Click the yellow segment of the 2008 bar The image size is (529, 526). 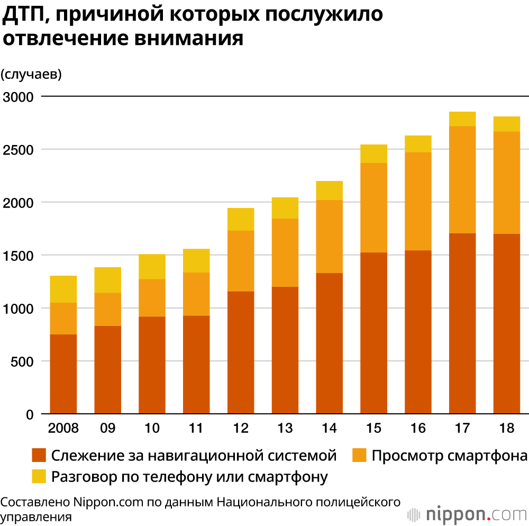[63, 289]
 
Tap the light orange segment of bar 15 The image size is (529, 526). [373, 207]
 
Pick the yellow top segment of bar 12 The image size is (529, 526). [241, 219]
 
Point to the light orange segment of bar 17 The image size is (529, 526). [462, 179]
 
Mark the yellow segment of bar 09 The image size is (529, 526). [108, 280]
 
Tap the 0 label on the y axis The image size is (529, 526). [30, 414]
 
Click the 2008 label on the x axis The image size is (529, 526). [63, 429]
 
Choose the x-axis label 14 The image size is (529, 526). [329, 429]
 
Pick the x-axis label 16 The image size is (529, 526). [418, 429]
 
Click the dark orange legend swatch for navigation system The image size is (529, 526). [39, 455]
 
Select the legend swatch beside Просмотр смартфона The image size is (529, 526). [359, 455]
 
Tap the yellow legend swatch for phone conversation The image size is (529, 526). [39, 476]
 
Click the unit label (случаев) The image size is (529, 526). [32, 75]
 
